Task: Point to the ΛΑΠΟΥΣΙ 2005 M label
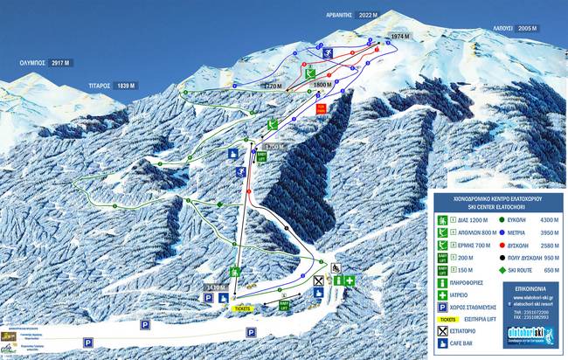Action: tap(513, 29)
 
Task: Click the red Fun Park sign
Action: tap(322, 109)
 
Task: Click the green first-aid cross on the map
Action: tap(349, 281)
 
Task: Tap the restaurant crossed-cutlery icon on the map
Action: tap(318, 282)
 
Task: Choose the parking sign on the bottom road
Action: tap(251, 332)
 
